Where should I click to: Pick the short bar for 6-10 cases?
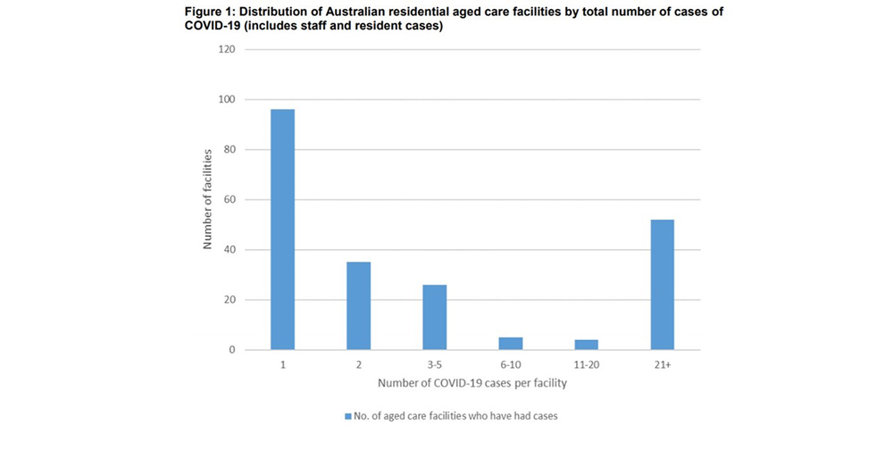point(511,343)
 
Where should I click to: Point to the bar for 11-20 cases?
point(587,345)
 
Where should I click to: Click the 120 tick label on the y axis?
point(227,49)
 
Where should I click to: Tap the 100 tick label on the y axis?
point(227,99)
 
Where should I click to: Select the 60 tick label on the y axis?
point(230,199)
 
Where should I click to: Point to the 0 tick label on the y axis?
point(232,350)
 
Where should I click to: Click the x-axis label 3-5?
point(435,366)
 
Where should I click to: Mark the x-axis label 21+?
point(662,366)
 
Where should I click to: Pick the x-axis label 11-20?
point(587,366)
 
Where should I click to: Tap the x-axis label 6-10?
point(511,366)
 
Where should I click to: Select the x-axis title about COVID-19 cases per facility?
point(472,384)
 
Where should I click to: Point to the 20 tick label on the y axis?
point(230,300)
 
